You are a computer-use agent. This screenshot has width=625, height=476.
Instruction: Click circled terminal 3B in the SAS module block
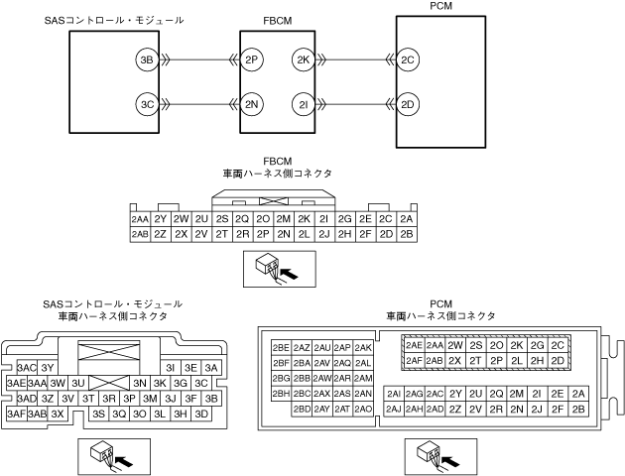click(147, 59)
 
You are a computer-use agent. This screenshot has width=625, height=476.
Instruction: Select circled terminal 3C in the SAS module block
click(147, 102)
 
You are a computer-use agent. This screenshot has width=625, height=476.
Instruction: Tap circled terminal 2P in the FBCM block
click(251, 59)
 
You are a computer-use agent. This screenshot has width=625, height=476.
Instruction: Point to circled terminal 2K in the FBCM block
click(304, 59)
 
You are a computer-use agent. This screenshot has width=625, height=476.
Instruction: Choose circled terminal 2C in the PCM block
click(408, 59)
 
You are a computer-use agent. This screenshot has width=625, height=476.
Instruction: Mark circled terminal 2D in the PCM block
click(408, 102)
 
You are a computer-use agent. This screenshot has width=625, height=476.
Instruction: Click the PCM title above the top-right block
click(441, 8)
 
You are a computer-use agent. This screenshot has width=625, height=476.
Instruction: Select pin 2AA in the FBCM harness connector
click(139, 219)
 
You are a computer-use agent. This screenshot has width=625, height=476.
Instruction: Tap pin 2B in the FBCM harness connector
click(408, 234)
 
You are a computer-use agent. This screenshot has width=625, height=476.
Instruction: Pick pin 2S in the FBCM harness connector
click(222, 219)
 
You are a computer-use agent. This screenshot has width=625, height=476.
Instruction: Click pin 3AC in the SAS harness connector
click(27, 367)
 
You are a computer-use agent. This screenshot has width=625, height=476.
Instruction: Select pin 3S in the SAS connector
click(98, 414)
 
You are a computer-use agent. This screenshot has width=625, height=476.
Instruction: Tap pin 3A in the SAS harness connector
click(209, 367)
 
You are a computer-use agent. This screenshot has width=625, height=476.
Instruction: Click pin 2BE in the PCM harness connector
click(281, 348)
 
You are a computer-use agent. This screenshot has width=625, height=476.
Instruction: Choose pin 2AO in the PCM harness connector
click(363, 409)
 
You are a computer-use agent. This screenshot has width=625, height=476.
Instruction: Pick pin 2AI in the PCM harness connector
click(393, 394)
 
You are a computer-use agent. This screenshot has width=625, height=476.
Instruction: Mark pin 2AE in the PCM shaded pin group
click(415, 345)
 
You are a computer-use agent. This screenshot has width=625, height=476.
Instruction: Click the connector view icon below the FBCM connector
click(279, 268)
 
